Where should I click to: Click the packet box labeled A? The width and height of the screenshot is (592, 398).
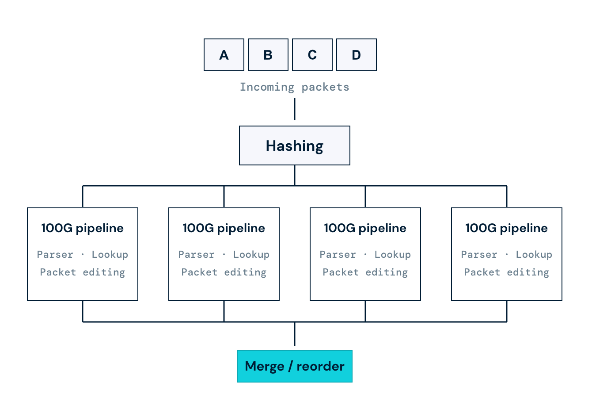224,55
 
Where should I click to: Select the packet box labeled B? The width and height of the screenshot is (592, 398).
268,55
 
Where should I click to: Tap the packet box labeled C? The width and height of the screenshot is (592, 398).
312,55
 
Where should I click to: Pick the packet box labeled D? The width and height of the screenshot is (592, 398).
356,55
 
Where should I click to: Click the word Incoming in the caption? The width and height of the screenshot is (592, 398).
267,87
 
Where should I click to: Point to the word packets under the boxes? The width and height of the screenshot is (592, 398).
325,87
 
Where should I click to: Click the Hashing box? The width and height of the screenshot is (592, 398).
295,145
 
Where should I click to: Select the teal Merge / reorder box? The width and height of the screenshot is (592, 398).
295,366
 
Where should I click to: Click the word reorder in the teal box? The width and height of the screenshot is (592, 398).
320,367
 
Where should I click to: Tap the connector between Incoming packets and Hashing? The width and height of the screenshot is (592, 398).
295,109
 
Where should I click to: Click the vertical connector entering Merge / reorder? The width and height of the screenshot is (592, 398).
295,334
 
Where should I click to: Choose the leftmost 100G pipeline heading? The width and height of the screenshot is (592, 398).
83,228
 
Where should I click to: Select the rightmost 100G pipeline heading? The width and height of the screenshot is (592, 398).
507,228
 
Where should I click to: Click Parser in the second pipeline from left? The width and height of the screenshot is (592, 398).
196,255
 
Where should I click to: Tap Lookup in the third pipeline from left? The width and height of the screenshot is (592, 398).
393,255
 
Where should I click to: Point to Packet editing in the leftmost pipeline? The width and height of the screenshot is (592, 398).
83,273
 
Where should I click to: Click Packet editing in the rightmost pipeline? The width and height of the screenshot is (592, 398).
507,273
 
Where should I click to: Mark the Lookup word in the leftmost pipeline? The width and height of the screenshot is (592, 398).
110,255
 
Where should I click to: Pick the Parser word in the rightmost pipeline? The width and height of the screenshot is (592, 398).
479,255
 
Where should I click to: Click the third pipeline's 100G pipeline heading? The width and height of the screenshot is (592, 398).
365,228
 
